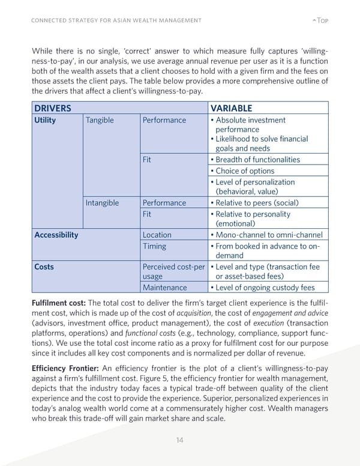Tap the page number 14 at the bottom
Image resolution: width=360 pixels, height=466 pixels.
tap(179, 440)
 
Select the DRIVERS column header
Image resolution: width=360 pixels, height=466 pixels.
tap(53, 108)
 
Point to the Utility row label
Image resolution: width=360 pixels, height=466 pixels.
tap(45, 120)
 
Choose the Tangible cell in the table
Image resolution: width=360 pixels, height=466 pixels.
tap(100, 120)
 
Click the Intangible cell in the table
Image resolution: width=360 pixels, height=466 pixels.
tap(102, 203)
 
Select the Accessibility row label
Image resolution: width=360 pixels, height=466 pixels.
tap(56, 235)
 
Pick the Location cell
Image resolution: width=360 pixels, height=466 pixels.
tap(157, 235)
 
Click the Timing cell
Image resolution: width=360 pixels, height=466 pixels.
tap(155, 246)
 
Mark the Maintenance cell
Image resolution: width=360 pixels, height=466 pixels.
tap(164, 288)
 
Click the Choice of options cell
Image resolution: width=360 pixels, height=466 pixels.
tap(244, 171)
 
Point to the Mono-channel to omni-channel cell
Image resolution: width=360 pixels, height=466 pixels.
tap(268, 235)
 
